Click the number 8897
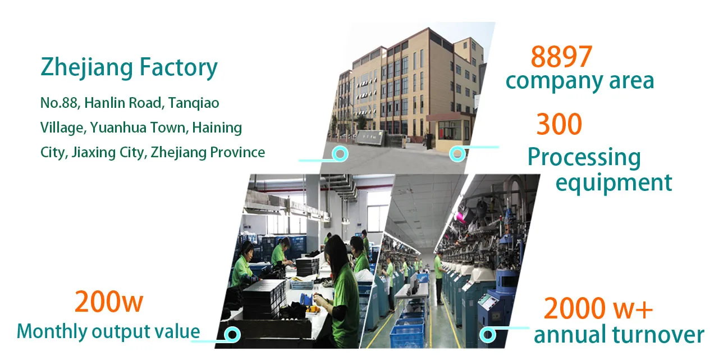561,56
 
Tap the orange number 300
559,124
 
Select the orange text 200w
109,302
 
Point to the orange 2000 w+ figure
598,308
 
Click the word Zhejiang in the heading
86,67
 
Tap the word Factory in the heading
178,67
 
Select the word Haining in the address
217,128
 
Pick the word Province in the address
237,152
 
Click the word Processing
584,157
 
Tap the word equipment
614,183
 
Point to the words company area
580,81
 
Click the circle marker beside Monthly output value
232,335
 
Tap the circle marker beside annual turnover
488,335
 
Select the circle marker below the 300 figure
457,154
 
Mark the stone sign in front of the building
370,138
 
